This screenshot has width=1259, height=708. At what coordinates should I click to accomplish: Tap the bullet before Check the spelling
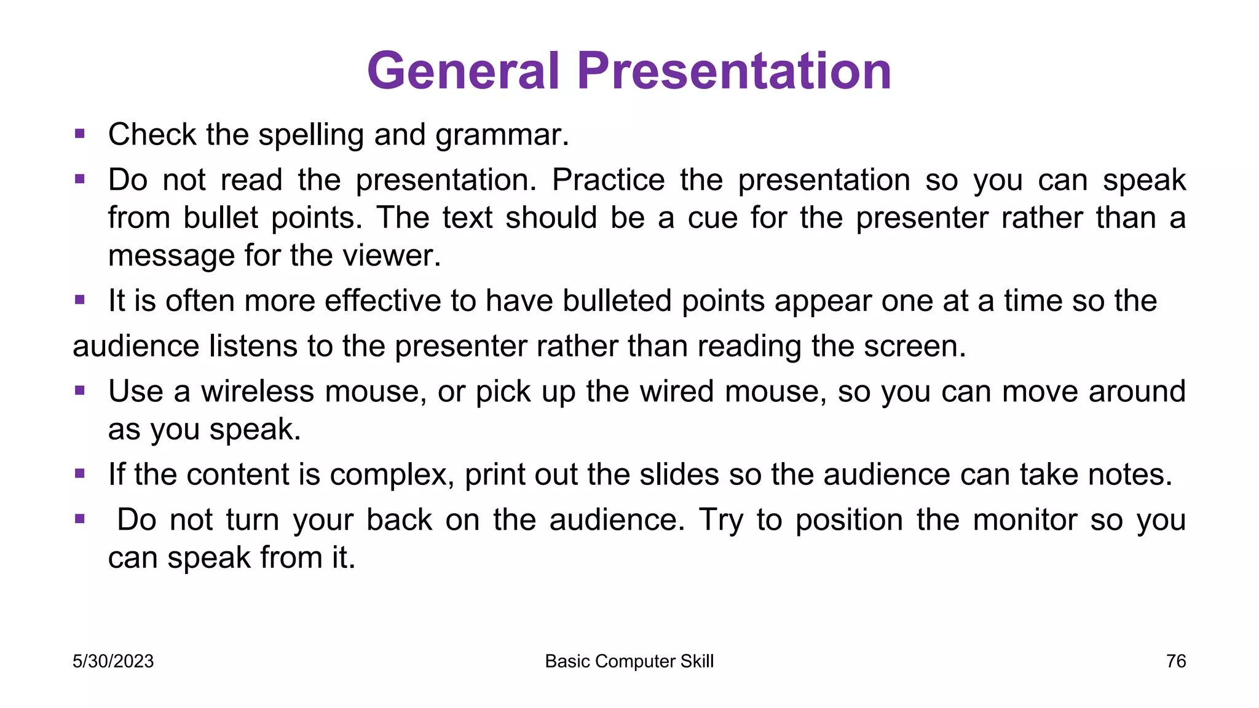[79, 133]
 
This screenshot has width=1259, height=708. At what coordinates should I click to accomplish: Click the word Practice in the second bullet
[608, 180]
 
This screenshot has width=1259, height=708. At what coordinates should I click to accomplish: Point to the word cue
[712, 218]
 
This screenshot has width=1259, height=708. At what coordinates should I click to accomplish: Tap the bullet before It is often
[79, 300]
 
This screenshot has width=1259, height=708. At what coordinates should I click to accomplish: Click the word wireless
[257, 391]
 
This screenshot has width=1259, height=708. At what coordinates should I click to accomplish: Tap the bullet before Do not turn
[79, 519]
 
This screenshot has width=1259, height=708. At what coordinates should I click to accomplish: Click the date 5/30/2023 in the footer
[113, 661]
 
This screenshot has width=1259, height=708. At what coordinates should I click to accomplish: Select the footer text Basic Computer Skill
[629, 661]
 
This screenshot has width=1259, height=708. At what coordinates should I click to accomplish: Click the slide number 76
[1175, 661]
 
